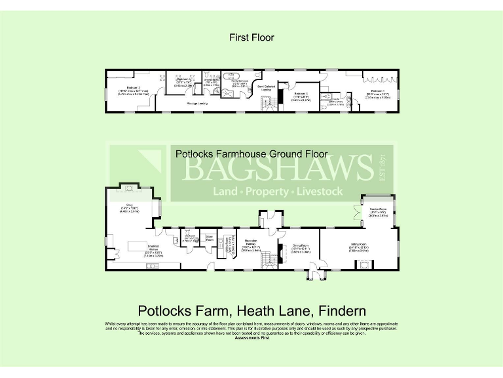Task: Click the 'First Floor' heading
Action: (251, 37)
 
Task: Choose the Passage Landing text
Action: (197, 104)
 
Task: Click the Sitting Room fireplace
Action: (362, 264)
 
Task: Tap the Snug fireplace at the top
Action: (130, 190)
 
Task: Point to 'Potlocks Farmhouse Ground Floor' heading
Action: (251, 155)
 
